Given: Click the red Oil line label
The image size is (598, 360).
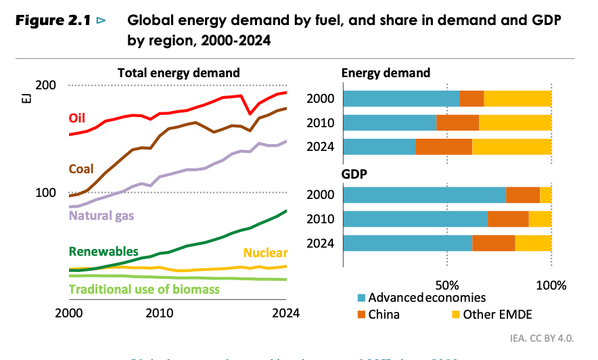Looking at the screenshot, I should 77,118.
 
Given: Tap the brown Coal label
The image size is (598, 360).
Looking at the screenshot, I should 80,168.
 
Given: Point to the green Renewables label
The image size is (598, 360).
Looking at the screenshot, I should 103,251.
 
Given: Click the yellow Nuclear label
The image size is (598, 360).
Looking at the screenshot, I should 265,253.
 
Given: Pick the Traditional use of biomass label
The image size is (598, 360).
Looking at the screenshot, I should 144,290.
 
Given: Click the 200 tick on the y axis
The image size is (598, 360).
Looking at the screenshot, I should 45,85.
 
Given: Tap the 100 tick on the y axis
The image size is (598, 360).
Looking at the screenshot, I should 45,193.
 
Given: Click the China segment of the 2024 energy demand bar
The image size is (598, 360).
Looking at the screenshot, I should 443,147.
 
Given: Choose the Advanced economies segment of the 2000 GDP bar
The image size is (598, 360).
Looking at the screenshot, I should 424,195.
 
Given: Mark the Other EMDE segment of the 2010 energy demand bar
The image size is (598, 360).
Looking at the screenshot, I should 515,122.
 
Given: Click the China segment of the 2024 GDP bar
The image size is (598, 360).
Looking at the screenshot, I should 493,244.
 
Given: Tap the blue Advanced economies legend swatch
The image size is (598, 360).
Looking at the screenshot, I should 362,297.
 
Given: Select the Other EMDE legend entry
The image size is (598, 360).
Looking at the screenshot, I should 491,314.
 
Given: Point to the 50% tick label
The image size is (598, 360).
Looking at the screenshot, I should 447,284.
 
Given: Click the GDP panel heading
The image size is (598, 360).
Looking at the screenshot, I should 354,173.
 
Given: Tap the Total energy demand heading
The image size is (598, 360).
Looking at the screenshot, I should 179,72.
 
